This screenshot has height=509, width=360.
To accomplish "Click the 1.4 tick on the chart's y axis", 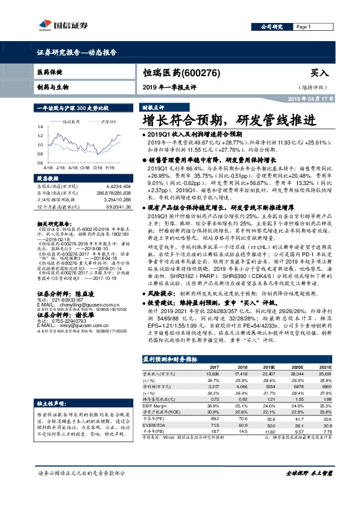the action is click(x=41, y=126).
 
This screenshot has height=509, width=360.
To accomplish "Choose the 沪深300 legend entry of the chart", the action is click(x=108, y=122).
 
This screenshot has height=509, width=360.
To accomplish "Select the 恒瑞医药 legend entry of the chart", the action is click(x=73, y=122).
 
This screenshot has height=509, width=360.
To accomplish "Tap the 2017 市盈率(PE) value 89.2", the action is click(x=214, y=418).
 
